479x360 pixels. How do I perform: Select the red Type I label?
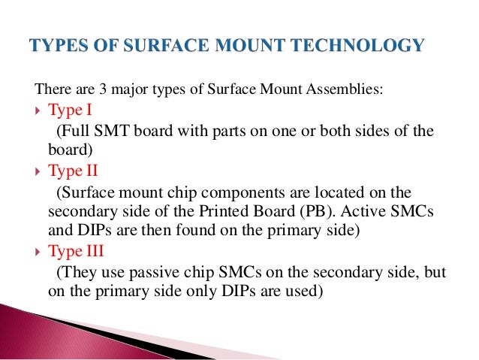[x=70, y=111]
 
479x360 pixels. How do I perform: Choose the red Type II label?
[x=73, y=171]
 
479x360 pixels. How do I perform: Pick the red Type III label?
[x=76, y=251]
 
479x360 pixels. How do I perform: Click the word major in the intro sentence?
[x=122, y=90]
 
